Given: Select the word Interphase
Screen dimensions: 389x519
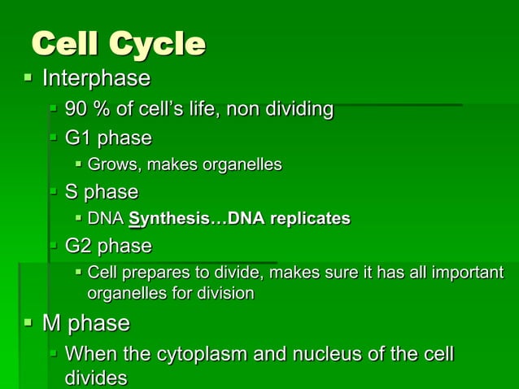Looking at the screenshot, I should tap(96, 79).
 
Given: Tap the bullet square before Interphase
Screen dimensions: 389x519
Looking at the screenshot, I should tap(28, 78).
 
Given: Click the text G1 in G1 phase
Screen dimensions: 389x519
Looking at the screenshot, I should tap(78, 137).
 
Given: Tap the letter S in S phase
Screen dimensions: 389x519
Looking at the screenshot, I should tap(72, 192).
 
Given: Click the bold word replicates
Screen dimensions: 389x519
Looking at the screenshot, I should tap(308, 219).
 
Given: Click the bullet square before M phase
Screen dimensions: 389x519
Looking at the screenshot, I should tap(28, 323).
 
